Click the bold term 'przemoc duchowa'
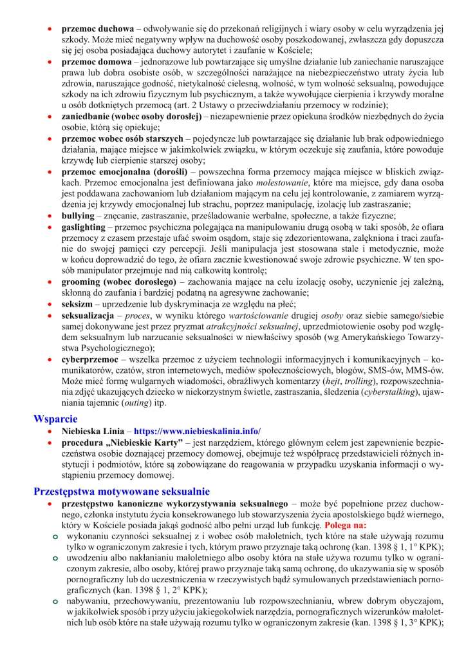point(98,30)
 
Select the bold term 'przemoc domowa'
point(97,61)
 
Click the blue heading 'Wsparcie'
point(55,419)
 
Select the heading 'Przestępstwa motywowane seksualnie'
point(117,492)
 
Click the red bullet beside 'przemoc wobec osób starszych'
point(50,138)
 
